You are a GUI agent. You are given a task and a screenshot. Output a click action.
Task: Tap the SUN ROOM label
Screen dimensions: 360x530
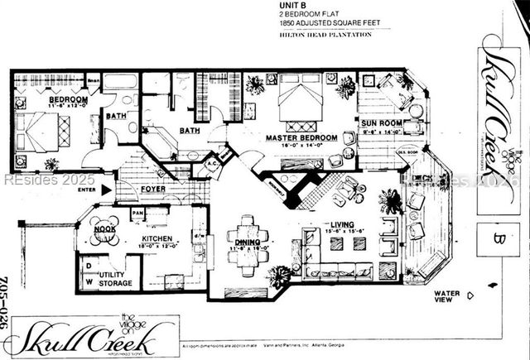(x=380, y=123)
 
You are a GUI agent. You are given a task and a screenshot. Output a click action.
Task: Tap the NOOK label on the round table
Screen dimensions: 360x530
(x=104, y=229)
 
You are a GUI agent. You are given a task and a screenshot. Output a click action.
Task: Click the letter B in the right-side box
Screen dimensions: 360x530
(x=499, y=240)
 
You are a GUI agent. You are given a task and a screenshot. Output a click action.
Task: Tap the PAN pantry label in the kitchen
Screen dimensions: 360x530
(x=137, y=213)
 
